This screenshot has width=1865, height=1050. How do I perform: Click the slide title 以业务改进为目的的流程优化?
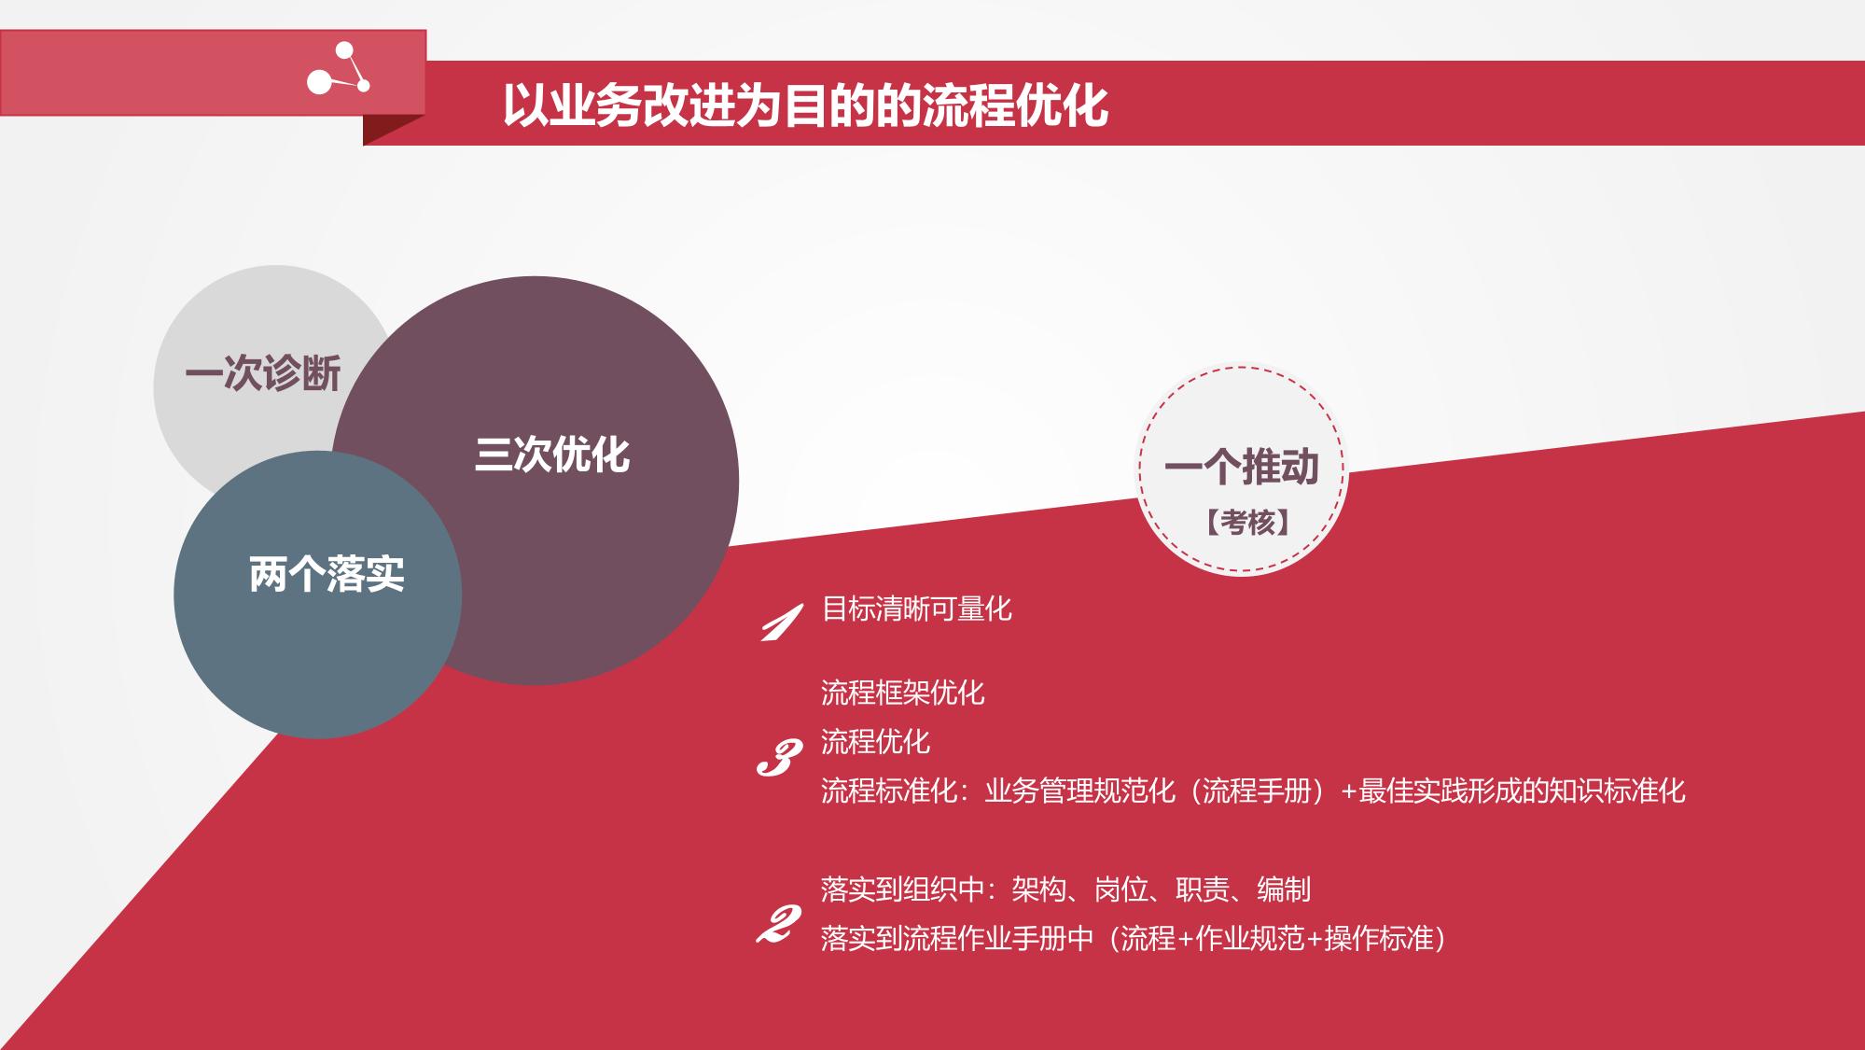(806, 105)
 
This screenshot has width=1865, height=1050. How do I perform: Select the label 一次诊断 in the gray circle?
(263, 374)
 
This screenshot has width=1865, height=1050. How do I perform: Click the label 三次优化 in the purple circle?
(552, 455)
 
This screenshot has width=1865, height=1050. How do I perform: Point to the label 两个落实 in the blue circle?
(327, 574)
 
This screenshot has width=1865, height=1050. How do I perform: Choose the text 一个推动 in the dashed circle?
(1242, 467)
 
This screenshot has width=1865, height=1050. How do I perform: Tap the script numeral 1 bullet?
(781, 623)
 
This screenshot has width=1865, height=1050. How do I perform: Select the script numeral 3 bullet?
(779, 759)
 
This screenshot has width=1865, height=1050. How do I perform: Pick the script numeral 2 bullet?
(778, 924)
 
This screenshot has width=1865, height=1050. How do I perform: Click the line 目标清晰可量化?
(916, 609)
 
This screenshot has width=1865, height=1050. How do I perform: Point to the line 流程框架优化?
(902, 693)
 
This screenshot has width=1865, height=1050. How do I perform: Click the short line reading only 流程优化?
(875, 742)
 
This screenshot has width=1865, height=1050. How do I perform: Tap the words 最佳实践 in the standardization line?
(1413, 791)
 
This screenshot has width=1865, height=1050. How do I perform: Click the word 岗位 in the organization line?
(1120, 889)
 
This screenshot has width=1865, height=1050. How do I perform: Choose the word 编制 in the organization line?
(1284, 889)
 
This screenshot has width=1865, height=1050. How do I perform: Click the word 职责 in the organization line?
(1203, 889)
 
